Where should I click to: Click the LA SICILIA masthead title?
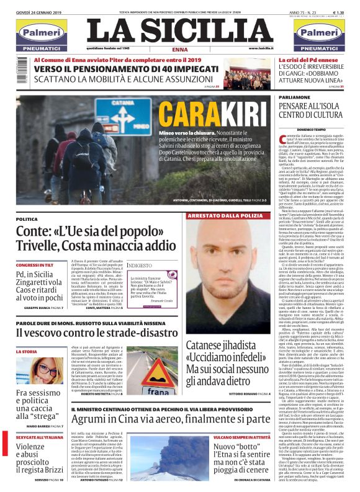pos(179,30)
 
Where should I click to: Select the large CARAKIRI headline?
pos(197,116)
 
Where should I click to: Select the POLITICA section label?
pos(27,219)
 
